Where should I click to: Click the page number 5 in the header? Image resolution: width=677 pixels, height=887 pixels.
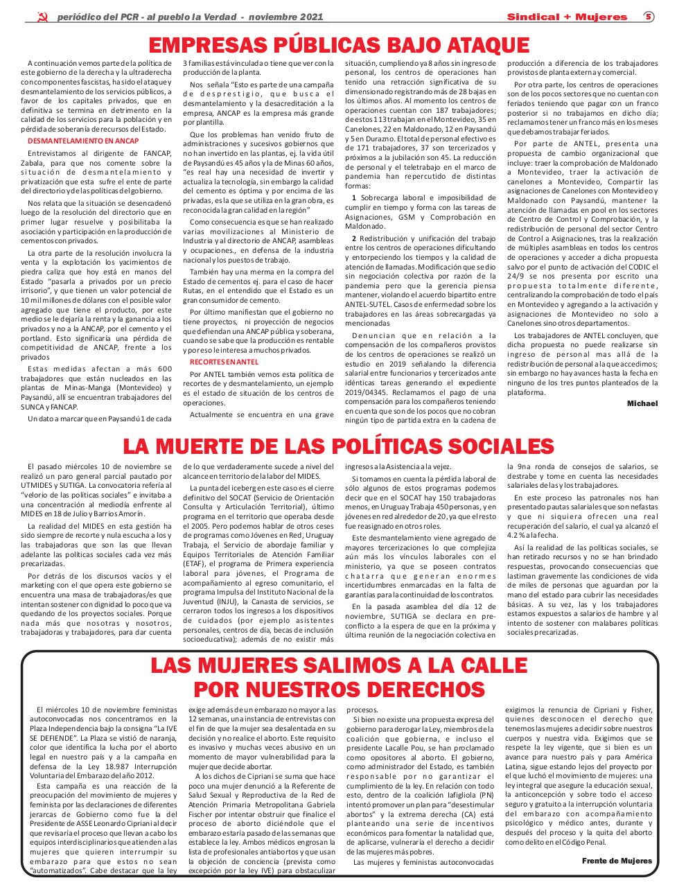click(649, 16)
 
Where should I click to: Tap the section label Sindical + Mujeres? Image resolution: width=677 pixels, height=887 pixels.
click(567, 17)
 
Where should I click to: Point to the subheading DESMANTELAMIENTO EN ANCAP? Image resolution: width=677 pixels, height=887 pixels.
click(82, 140)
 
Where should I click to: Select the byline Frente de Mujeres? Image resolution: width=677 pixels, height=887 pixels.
click(617, 861)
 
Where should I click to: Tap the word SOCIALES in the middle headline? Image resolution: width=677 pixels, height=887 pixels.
click(492, 446)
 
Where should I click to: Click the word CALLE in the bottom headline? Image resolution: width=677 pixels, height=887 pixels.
click(484, 666)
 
